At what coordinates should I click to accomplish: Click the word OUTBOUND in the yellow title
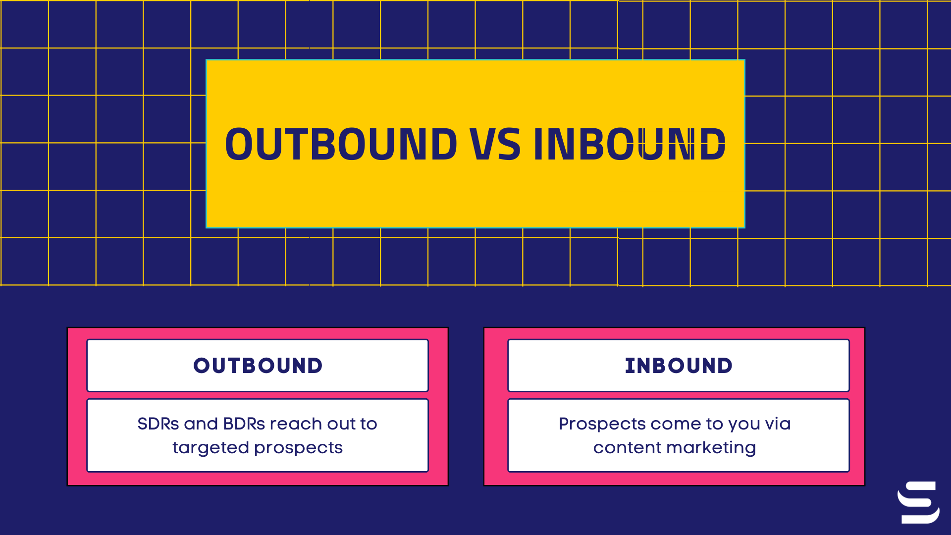(x=341, y=144)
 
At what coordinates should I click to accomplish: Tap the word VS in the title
(x=495, y=144)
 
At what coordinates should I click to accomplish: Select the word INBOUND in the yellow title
(x=629, y=144)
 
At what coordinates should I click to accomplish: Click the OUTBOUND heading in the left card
(x=258, y=366)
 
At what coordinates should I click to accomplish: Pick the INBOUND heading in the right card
(x=679, y=366)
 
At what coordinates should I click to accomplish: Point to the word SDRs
(x=158, y=424)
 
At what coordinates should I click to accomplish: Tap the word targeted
(x=211, y=448)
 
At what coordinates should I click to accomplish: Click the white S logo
(x=918, y=502)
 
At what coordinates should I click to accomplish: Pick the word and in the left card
(x=201, y=424)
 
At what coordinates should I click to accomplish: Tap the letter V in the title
(x=481, y=144)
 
